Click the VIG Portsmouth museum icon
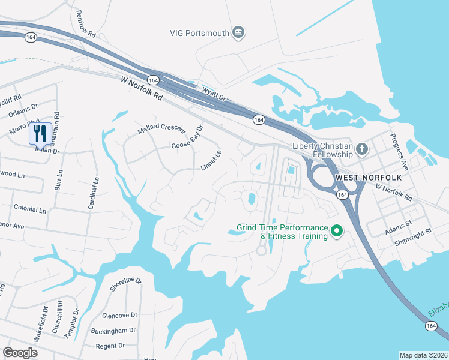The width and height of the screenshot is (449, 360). [238, 32]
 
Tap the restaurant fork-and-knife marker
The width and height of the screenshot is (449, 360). [40, 133]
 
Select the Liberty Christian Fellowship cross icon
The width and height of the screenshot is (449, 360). [361, 148]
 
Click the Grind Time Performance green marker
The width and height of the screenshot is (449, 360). [337, 230]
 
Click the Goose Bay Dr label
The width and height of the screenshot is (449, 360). [188, 137]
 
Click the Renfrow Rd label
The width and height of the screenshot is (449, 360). [84, 23]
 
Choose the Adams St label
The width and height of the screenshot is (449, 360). [399, 223]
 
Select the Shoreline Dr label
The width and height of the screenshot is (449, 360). [125, 284]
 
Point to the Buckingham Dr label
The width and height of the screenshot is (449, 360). [113, 331]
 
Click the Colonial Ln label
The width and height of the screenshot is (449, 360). [29, 211]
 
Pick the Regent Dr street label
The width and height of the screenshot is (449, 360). [110, 346]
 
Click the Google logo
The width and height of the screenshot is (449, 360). [20, 352]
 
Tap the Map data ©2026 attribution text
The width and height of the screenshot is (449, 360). [423, 355]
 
